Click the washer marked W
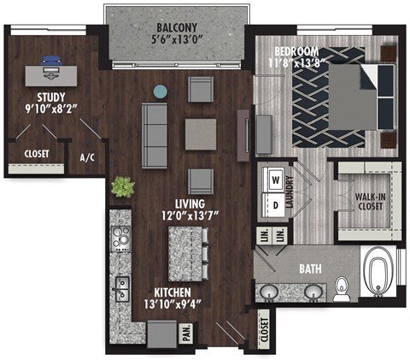[x=276, y=181]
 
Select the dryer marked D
[x=276, y=205]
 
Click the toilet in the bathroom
[x=342, y=287]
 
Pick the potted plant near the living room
[x=122, y=186]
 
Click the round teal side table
[x=160, y=91]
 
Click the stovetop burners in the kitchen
[x=119, y=239]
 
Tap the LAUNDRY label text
[x=290, y=193]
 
